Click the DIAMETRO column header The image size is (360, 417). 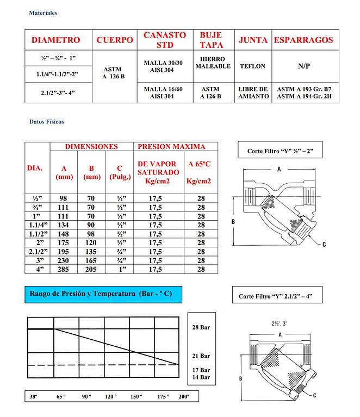(55, 40)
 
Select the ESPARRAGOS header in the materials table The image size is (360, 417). (303, 40)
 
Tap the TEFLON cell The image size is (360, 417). (252, 66)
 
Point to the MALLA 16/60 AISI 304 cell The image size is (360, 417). (163, 92)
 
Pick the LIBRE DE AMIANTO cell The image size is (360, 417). (253, 92)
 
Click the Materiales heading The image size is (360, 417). (43, 13)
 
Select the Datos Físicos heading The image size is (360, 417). (46, 122)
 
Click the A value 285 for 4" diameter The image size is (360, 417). (64, 269)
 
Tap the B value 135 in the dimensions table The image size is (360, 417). (92, 252)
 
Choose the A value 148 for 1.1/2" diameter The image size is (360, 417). (64, 234)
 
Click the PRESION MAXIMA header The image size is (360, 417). (172, 146)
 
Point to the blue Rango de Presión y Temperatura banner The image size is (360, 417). (104, 294)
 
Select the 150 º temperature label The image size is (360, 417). (136, 396)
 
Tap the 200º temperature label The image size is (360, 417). (184, 396)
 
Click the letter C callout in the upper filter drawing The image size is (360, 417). (324, 245)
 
